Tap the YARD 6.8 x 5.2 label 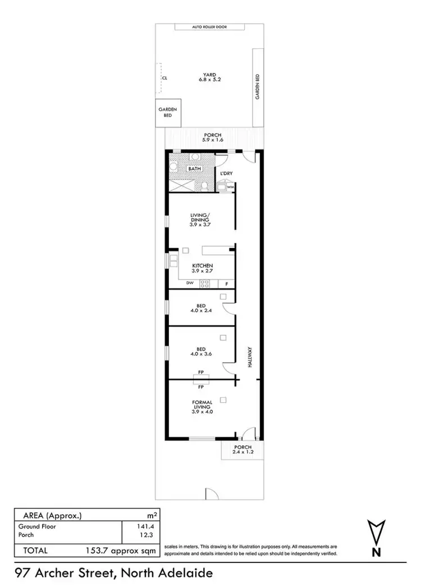210,77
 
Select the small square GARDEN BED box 167,113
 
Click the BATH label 194,169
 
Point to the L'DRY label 226,174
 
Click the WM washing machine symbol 230,186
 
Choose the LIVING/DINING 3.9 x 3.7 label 200,219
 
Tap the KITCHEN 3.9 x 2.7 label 202,269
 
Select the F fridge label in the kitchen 226,283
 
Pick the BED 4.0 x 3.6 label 200,352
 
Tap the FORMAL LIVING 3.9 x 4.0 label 202,407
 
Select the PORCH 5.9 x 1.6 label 213,137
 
